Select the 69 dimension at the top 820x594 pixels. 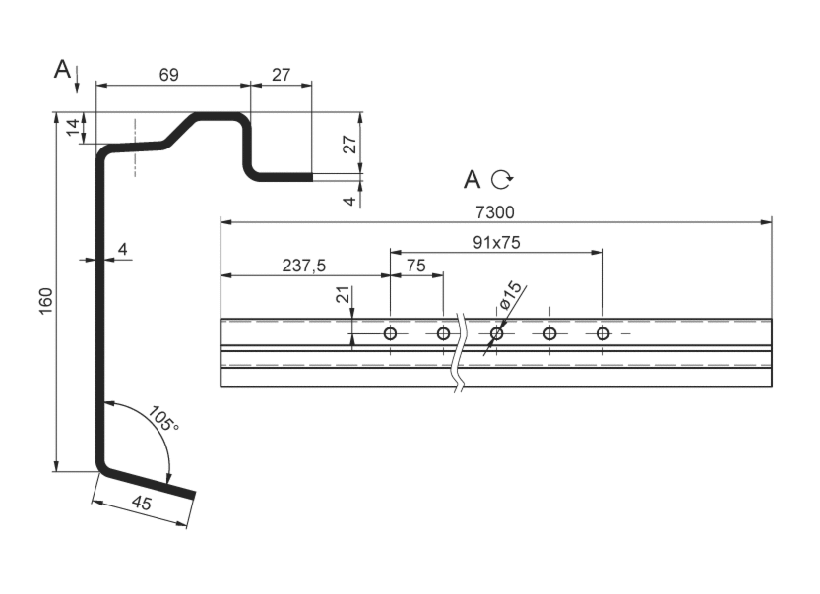tap(168, 75)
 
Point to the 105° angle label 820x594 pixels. tap(163, 419)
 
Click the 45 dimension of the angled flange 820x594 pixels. tap(142, 505)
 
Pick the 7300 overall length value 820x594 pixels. tap(495, 211)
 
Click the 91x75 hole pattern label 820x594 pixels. tap(495, 242)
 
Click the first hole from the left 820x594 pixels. tap(390, 333)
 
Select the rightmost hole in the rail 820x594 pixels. tap(602, 333)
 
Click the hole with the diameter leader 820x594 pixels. tap(496, 333)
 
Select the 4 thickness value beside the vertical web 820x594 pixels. tap(122, 250)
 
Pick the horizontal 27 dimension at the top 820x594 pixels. tap(281, 75)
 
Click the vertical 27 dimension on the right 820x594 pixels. tap(348, 144)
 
